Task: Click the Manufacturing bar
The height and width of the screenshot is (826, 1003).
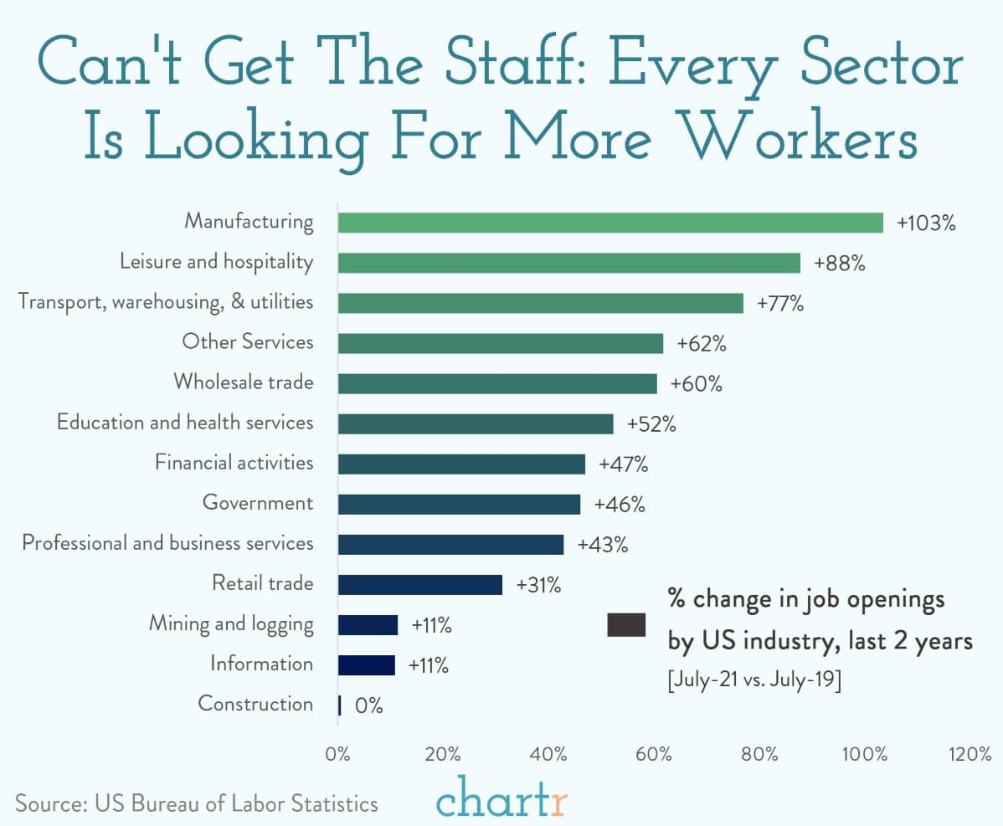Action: click(611, 223)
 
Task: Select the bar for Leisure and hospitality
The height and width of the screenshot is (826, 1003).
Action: click(569, 263)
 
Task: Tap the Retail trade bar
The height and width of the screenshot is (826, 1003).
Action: click(420, 585)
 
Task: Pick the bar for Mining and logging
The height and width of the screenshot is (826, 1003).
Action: click(368, 624)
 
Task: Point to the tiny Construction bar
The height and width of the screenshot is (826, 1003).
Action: click(340, 705)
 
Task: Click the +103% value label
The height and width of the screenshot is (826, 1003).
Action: click(926, 223)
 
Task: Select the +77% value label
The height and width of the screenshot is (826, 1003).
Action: click(779, 303)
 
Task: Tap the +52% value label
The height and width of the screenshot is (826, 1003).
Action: click(651, 423)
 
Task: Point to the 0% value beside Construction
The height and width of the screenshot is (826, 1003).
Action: click(369, 705)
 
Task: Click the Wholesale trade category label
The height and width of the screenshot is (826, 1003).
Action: click(244, 382)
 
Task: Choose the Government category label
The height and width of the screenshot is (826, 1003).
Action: click(258, 502)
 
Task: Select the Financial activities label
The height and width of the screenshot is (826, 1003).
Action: click(234, 462)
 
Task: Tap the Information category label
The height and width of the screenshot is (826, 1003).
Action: click(261, 664)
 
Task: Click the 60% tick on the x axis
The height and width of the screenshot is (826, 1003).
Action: click(654, 754)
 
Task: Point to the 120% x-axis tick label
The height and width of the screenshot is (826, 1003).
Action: click(970, 754)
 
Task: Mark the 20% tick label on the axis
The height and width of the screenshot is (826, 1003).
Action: click(443, 754)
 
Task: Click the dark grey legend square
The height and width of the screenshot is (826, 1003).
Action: click(626, 624)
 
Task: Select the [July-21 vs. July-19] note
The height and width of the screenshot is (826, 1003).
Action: click(754, 679)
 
